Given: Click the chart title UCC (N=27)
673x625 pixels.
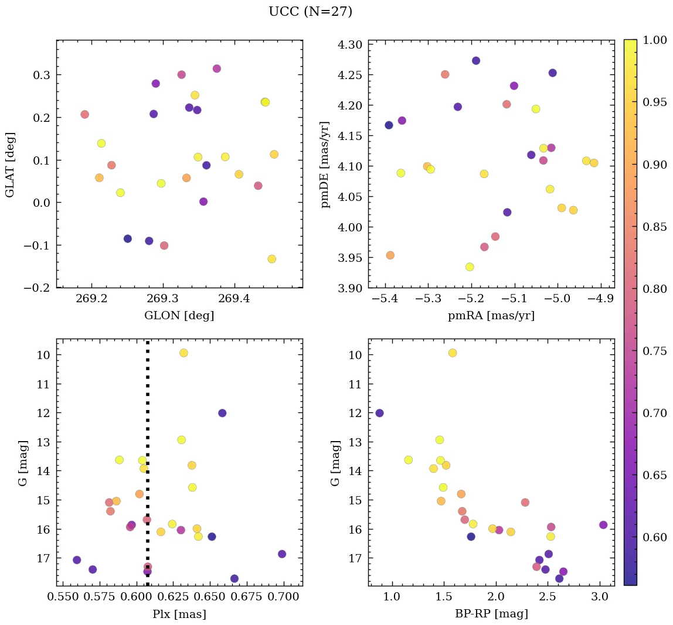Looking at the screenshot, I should tap(310, 12).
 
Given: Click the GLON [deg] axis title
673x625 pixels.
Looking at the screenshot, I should tap(179, 316).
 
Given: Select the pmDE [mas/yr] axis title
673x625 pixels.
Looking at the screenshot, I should tap(326, 165).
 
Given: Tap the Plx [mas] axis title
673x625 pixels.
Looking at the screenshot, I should tap(179, 614).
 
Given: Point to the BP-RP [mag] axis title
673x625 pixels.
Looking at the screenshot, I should tap(491, 614).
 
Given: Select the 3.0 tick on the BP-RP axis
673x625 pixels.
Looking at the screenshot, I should tap(599, 598).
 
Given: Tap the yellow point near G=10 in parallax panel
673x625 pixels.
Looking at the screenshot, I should tap(183, 353).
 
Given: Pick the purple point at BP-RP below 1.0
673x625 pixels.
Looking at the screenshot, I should tap(379, 413).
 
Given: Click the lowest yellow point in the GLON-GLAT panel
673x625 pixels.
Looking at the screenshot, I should tap(271, 259).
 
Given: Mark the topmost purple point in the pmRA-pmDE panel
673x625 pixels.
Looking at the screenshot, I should tap(476, 61).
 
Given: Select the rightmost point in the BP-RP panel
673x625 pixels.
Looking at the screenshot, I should tap(603, 525).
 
